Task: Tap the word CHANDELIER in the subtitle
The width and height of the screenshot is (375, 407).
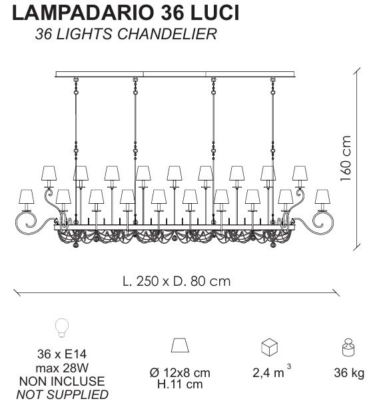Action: pyautogui.click(x=167, y=34)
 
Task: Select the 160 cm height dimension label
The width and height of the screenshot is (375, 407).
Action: pyautogui.click(x=346, y=159)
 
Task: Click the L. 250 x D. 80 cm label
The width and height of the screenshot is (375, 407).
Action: pyautogui.click(x=177, y=281)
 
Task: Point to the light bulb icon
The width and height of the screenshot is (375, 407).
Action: pyautogui.click(x=62, y=328)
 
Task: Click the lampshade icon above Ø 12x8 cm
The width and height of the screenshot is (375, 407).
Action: pyautogui.click(x=180, y=345)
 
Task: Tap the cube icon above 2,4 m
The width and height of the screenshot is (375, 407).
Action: pyautogui.click(x=269, y=347)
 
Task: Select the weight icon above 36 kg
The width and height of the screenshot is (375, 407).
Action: pyautogui.click(x=348, y=348)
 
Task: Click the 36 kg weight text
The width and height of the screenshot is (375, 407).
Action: pyautogui.click(x=349, y=373)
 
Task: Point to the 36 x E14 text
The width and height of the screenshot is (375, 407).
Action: pyautogui.click(x=62, y=354)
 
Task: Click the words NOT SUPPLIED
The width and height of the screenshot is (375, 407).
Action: pyautogui.click(x=63, y=394)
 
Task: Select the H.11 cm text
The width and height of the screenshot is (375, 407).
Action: pyautogui.click(x=180, y=384)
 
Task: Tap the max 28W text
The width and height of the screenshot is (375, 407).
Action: pyautogui.click(x=62, y=368)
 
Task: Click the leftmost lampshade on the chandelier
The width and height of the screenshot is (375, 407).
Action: pyautogui.click(x=27, y=197)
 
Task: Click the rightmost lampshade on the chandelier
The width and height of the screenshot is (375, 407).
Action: pyautogui.click(x=322, y=197)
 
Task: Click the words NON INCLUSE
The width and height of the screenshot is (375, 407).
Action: pyautogui.click(x=62, y=381)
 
